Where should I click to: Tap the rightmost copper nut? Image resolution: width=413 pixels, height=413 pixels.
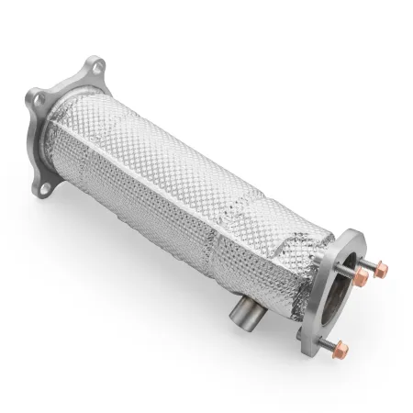click(x=381, y=270)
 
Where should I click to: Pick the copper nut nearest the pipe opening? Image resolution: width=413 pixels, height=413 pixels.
click(x=363, y=275)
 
